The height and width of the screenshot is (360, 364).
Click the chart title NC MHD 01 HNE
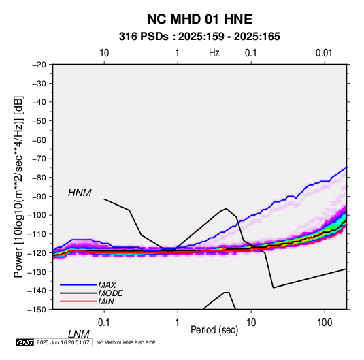click(x=199, y=19)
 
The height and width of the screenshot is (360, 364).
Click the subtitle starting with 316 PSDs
click(x=199, y=37)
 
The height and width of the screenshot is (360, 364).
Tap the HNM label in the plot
click(x=80, y=193)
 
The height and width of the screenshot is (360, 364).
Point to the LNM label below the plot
click(x=78, y=334)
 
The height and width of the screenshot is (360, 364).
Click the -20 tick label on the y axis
click(x=39, y=65)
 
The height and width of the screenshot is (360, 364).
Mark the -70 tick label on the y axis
click(x=39, y=159)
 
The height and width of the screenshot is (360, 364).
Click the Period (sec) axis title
click(x=214, y=330)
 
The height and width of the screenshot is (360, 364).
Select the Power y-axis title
click(x=18, y=186)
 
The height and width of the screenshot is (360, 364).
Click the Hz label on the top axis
click(x=214, y=53)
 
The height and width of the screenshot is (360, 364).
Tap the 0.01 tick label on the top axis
click(x=324, y=53)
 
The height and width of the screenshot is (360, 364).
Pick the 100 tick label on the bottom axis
click(x=325, y=323)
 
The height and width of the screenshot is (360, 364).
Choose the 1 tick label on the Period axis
click(x=178, y=323)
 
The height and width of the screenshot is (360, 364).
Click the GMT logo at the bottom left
click(x=25, y=342)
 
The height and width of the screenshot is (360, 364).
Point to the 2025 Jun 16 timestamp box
click(x=63, y=342)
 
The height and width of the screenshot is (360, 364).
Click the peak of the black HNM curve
click(x=226, y=208)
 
